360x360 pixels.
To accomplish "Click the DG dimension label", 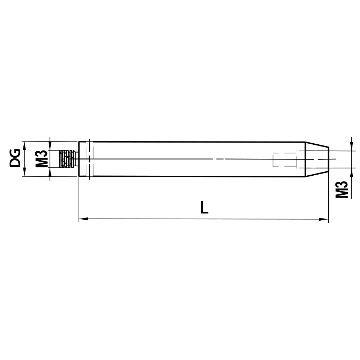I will pyautogui.click(x=15, y=159).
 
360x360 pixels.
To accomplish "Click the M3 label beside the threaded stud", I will pyautogui.click(x=42, y=159).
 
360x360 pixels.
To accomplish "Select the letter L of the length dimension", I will pyautogui.click(x=204, y=208).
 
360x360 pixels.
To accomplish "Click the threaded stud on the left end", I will pyautogui.click(x=68, y=159).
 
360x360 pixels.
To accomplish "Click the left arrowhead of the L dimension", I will pyautogui.click(x=82, y=219).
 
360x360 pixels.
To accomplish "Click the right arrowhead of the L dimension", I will pyautogui.click(x=325, y=219).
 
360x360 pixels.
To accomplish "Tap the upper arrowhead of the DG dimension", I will pyautogui.click(x=24, y=144).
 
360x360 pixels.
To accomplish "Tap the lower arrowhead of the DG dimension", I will pyautogui.click(x=24, y=173).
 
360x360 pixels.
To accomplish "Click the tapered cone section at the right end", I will pyautogui.click(x=317, y=159).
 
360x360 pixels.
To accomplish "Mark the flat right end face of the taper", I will pyautogui.click(x=328, y=159).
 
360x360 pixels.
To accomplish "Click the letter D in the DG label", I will pyautogui.click(x=15, y=163).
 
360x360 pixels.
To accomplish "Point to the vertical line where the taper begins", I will pyautogui.click(x=305, y=159).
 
